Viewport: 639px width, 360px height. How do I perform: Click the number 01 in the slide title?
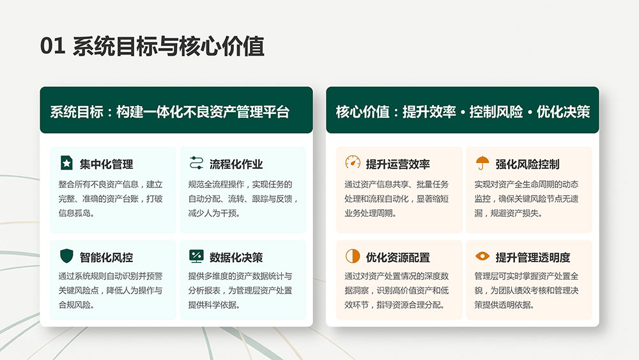click(x=52, y=45)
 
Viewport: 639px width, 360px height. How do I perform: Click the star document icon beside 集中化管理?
click(x=66, y=162)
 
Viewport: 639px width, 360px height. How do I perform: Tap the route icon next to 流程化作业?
click(x=196, y=162)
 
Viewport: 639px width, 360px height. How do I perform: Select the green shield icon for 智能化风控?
click(x=66, y=256)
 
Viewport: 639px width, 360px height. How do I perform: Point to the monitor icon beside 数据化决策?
click(x=196, y=256)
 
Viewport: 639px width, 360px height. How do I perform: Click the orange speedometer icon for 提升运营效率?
click(x=353, y=162)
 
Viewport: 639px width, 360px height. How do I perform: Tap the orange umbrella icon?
click(x=482, y=162)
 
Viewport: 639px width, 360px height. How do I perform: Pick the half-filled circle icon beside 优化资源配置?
click(x=353, y=256)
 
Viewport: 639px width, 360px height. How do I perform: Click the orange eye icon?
click(x=482, y=256)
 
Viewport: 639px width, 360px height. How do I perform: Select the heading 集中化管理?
click(x=106, y=164)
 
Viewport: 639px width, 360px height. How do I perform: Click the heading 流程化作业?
click(x=236, y=164)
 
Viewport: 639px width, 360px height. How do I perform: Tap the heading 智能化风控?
click(x=106, y=258)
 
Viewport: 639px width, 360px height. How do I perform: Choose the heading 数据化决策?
click(x=236, y=258)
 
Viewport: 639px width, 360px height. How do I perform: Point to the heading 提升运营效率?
click(x=397, y=164)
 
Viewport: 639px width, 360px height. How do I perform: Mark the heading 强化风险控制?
click(x=527, y=164)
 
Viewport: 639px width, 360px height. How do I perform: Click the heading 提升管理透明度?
click(x=533, y=258)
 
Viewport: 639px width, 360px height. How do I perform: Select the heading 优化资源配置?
click(x=397, y=258)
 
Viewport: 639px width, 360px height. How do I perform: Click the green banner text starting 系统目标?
click(x=170, y=112)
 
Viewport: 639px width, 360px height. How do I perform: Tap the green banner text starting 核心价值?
click(x=463, y=112)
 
